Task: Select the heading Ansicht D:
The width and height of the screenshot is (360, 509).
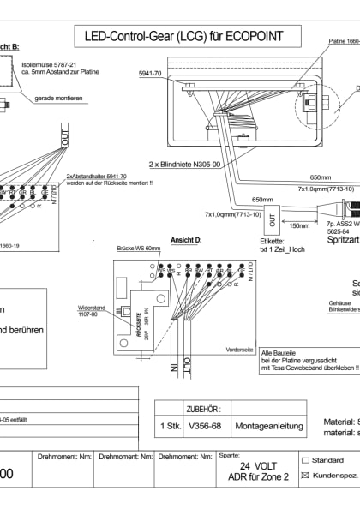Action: (188, 239)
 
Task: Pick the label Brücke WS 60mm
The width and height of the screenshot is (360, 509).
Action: (138, 248)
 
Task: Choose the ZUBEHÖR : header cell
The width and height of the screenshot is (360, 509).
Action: (203, 410)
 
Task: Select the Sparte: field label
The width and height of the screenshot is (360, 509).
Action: (230, 457)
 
